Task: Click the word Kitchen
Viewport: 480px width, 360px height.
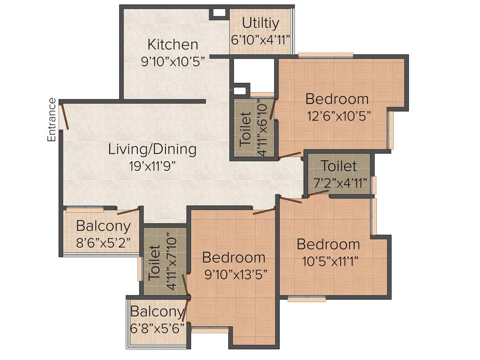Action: [x=172, y=45]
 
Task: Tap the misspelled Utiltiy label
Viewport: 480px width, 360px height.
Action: [x=261, y=22]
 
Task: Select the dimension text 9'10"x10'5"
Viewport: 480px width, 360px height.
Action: [x=173, y=61]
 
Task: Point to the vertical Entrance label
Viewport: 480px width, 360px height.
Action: [x=52, y=120]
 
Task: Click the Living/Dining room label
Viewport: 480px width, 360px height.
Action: [x=152, y=150]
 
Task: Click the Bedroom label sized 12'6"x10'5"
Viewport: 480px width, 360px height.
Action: [x=337, y=99]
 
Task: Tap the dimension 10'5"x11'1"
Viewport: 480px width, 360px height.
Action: [x=328, y=261]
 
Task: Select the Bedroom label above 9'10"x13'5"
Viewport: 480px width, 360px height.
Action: [x=233, y=257]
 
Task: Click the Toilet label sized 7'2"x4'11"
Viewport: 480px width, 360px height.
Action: [x=339, y=166]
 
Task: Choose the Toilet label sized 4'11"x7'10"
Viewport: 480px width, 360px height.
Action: [x=154, y=264]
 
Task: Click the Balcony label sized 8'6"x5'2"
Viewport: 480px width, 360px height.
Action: [x=103, y=226]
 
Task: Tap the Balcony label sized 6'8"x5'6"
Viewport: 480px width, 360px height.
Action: [x=157, y=312]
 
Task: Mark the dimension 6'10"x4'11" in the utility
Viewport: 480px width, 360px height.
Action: [x=261, y=39]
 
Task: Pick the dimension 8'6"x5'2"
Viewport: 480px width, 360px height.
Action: [x=104, y=243]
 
